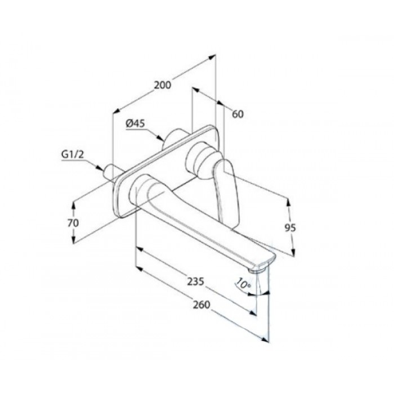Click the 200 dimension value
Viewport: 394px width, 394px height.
(x=162, y=85)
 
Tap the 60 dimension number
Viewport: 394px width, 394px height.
(x=238, y=114)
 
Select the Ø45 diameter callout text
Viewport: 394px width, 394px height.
(x=136, y=123)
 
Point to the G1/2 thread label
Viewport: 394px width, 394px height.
(x=73, y=154)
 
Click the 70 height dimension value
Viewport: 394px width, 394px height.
(x=73, y=223)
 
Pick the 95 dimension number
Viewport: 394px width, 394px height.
(x=290, y=228)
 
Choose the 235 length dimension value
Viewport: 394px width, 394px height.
(x=195, y=281)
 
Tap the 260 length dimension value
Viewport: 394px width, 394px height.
(x=202, y=305)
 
